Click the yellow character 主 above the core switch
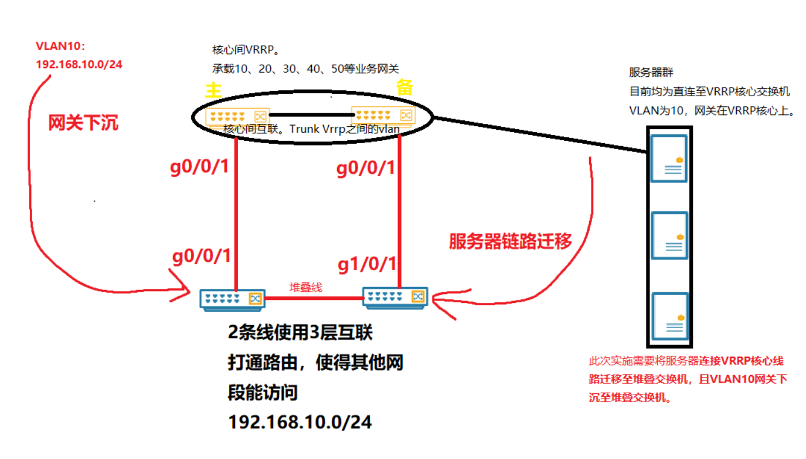pos(213,91)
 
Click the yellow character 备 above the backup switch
pos(404,87)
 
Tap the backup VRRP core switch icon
pos(383,115)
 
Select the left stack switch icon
pos(232,299)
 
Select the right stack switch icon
pos(395,296)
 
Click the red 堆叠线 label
pos(305,288)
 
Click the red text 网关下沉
pos(83,123)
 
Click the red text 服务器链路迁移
pos(510,241)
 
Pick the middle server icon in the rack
pos(669,235)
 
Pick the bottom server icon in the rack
pos(669,315)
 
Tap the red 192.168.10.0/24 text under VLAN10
pos(79,64)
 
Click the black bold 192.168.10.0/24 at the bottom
pos(300,422)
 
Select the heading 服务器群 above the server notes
pos(651,73)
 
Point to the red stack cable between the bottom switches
pos(314,298)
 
